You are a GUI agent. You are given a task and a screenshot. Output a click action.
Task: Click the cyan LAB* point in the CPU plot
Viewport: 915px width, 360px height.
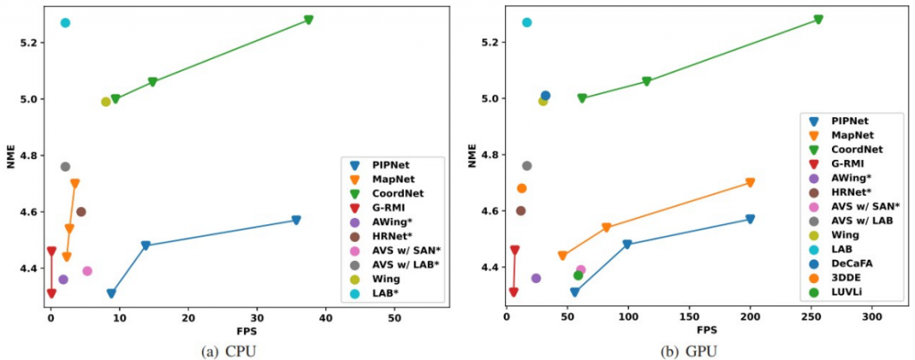click(65, 23)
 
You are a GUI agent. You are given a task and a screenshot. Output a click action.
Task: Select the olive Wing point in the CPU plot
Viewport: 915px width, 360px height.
click(105, 102)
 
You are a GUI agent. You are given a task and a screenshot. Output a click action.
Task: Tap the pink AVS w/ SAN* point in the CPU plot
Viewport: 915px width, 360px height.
click(88, 271)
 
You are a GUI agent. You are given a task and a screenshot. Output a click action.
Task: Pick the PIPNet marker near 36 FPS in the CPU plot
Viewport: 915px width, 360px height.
click(296, 220)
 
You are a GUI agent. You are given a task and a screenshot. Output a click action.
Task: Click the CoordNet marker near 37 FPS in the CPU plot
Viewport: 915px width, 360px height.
click(308, 20)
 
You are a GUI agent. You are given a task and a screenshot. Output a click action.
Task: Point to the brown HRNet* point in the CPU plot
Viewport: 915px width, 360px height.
click(81, 212)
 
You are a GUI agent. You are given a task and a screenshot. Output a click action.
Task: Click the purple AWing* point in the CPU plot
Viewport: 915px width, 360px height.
click(63, 280)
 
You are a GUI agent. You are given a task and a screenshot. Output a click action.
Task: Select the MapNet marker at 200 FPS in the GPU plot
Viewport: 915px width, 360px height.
click(750, 182)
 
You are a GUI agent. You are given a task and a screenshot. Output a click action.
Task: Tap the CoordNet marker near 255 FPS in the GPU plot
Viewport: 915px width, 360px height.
click(818, 20)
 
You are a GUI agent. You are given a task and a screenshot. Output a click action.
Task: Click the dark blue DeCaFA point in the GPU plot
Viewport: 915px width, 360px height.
click(546, 96)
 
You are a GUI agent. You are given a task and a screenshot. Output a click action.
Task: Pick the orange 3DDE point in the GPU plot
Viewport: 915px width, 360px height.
click(522, 188)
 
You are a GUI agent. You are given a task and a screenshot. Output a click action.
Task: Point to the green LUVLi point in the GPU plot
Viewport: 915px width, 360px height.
click(578, 275)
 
